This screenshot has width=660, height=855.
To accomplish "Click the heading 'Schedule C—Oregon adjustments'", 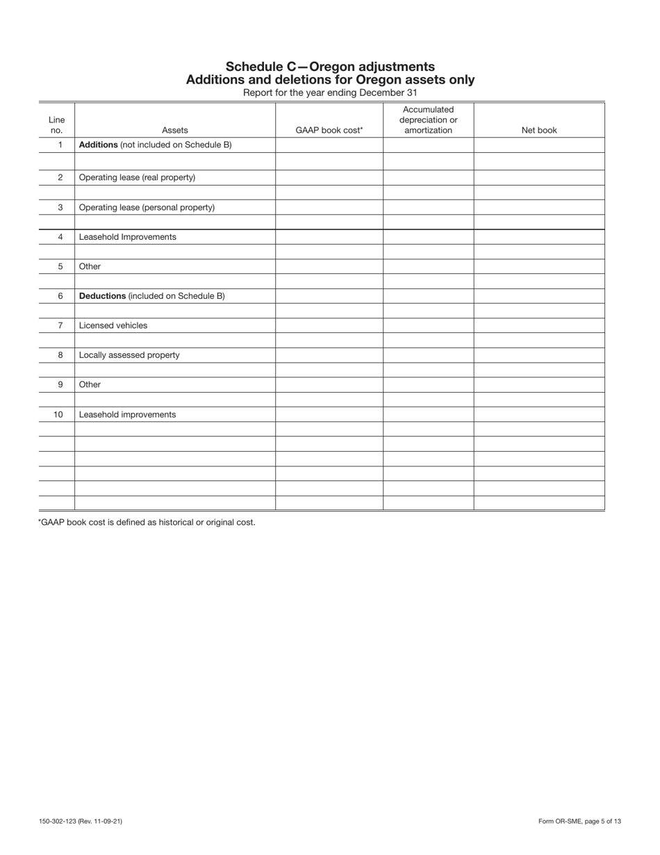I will pyautogui.click(x=330, y=67).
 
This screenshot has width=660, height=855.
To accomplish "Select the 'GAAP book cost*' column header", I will pyautogui.click(x=329, y=130).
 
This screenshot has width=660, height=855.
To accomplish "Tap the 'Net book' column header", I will pyautogui.click(x=539, y=130).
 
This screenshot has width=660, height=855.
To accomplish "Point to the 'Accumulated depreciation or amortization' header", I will pyautogui.click(x=428, y=120).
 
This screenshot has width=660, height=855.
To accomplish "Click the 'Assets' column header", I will pyautogui.click(x=174, y=130).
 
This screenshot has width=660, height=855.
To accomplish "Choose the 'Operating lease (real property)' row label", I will pyautogui.click(x=137, y=177).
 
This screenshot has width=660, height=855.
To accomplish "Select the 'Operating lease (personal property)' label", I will pyautogui.click(x=147, y=207).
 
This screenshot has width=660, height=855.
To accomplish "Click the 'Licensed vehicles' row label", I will pyautogui.click(x=113, y=325).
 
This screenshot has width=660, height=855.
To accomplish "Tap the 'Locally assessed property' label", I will pyautogui.click(x=129, y=355).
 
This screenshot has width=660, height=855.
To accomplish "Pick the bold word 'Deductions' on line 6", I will pyautogui.click(x=102, y=296).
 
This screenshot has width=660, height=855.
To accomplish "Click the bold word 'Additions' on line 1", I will pyautogui.click(x=99, y=145).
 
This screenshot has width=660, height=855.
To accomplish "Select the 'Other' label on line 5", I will pyautogui.click(x=90, y=266).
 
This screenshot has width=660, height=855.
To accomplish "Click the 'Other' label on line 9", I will pyautogui.click(x=90, y=384).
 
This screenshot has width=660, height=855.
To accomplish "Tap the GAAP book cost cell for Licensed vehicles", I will pyautogui.click(x=329, y=325).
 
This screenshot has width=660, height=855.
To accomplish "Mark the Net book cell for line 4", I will pyautogui.click(x=539, y=237).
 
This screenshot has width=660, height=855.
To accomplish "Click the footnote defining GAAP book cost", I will pyautogui.click(x=147, y=522).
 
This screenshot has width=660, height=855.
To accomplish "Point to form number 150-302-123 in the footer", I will pyautogui.click(x=81, y=822).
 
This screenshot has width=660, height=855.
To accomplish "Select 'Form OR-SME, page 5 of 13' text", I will pyautogui.click(x=579, y=822).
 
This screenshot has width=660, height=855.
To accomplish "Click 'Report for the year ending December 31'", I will pyautogui.click(x=330, y=92).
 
